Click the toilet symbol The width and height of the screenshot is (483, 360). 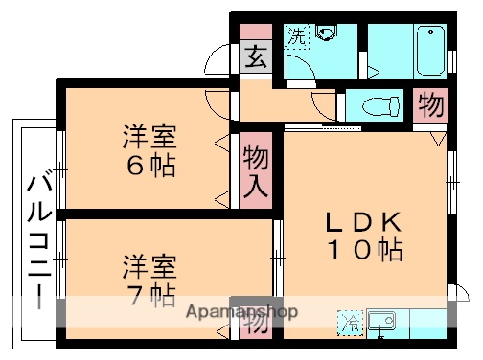coord(379,104)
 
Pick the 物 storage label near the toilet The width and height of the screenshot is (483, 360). coord(431,104)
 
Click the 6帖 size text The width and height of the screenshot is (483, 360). coord(151,166)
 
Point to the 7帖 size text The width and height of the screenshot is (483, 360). coord(151,293)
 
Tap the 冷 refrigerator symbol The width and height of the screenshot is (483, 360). coord(351,322)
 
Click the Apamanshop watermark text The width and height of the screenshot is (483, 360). coord(241,313)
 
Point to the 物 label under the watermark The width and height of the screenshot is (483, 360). coord(254,326)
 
